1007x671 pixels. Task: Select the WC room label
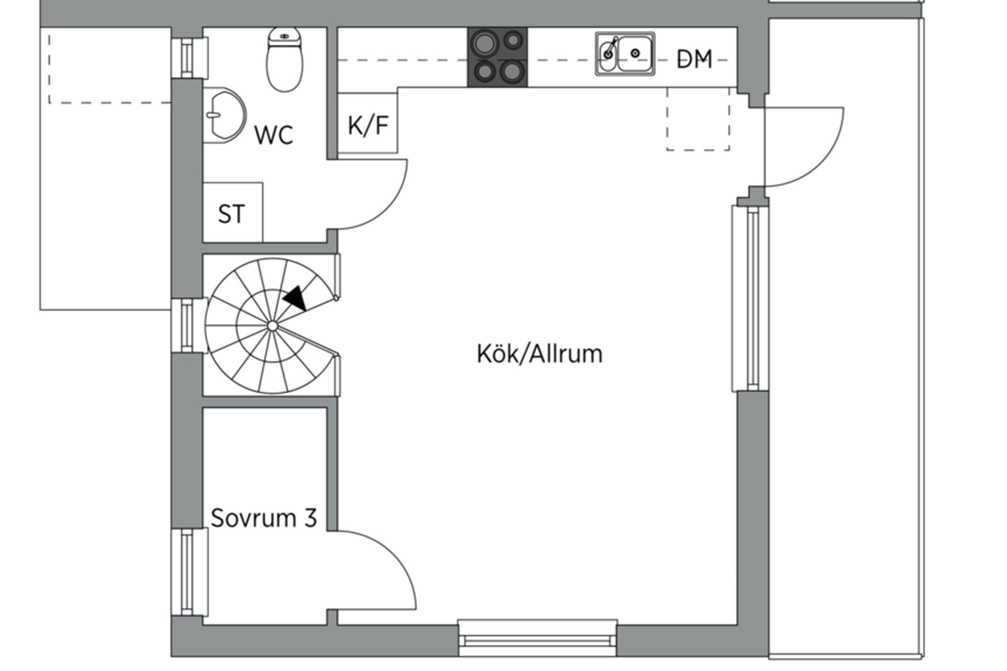274,135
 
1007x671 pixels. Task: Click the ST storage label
231,214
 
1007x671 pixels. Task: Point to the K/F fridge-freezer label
368,125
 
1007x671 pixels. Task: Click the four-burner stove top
497,58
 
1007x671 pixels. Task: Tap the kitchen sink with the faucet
625,54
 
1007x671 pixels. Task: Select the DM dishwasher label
694,59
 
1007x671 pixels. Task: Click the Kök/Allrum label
539,354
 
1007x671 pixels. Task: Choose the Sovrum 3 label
264,518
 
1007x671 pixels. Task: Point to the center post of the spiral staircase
272,326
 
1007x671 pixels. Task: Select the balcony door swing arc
826,162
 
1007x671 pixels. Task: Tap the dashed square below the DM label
698,119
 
